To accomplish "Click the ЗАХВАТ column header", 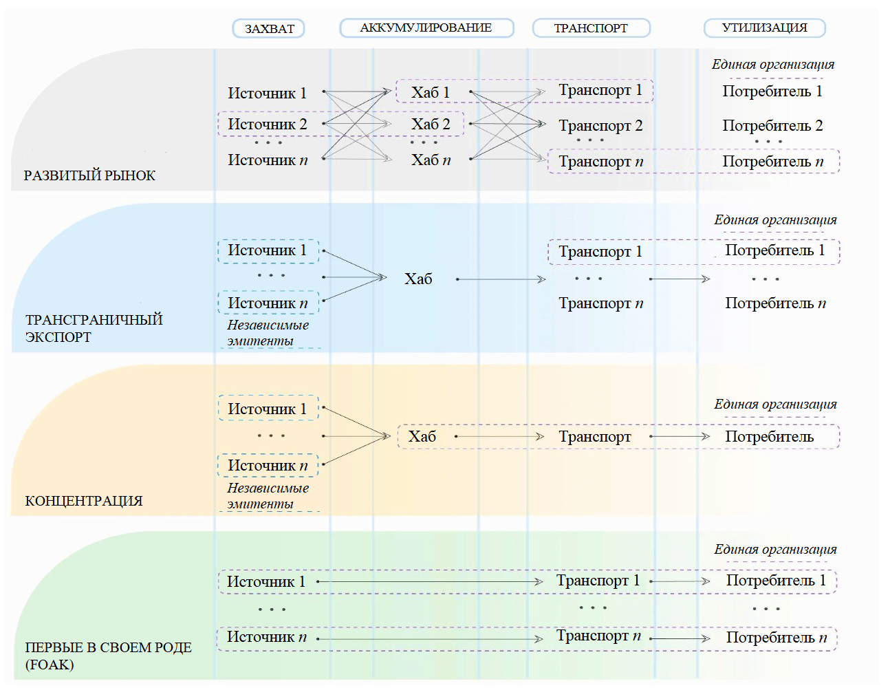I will (269, 29).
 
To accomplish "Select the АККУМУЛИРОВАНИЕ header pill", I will (426, 28).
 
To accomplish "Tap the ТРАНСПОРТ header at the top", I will (591, 28).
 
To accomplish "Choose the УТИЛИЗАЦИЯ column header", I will (764, 28).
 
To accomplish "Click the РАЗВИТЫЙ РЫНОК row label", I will (89, 175).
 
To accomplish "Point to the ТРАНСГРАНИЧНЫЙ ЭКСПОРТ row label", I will (94, 328).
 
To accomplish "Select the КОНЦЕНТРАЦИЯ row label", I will (84, 501).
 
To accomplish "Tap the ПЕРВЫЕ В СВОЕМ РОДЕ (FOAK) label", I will (108, 656).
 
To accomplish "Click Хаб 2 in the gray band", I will (431, 125).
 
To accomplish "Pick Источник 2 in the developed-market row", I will (268, 125).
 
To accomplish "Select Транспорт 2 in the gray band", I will (600, 126).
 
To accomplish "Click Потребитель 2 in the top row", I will (772, 126).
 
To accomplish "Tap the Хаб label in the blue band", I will (418, 279).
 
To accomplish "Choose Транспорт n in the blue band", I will (600, 303).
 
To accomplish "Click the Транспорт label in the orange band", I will (594, 437).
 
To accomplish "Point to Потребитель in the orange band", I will (769, 437).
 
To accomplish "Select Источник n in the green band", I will (267, 637).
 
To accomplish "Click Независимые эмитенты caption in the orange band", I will (268, 495).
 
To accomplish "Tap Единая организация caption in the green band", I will (775, 549).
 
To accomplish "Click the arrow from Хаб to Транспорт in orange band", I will (499, 437).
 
